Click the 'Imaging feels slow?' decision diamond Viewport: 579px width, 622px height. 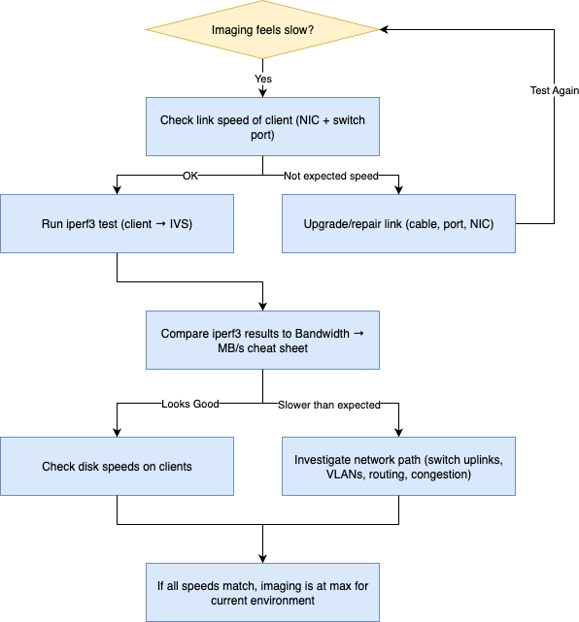(262, 30)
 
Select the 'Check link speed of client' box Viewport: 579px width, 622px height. (262, 126)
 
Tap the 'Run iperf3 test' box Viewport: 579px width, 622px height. (117, 224)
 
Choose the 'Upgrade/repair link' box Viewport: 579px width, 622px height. (398, 224)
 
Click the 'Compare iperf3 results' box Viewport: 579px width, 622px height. (262, 341)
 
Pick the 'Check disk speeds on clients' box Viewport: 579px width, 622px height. (117, 467)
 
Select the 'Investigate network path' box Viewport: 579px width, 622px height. (398, 467)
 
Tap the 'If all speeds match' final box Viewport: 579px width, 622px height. (262, 593)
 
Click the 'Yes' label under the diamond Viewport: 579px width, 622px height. (263, 79)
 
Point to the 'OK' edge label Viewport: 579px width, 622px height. (190, 176)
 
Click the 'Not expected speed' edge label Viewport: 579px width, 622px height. (331, 176)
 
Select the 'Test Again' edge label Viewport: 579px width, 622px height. (555, 90)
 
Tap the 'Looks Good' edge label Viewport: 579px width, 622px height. (190, 404)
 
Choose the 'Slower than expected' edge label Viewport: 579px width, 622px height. (328, 405)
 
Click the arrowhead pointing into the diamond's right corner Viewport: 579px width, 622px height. (384, 29)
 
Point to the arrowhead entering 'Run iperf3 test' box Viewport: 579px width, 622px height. (117, 190)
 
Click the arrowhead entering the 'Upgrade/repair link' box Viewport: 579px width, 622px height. (398, 190)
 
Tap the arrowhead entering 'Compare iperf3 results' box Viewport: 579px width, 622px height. (262, 307)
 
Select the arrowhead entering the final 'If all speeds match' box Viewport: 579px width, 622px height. (262, 559)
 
